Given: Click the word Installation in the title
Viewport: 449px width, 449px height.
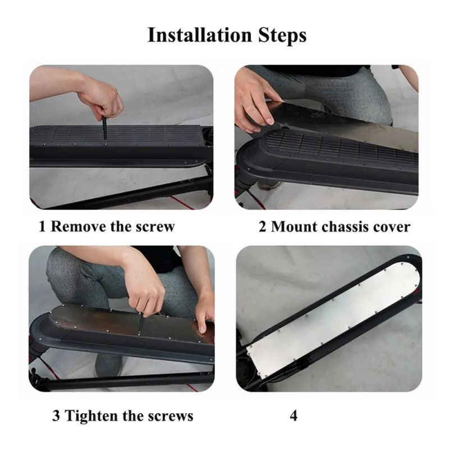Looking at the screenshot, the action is point(200,35).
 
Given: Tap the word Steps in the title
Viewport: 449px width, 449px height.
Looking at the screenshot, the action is point(282,36).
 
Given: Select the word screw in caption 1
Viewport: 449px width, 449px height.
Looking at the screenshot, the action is point(155,227).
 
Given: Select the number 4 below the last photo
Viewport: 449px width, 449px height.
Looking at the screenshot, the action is point(294,416).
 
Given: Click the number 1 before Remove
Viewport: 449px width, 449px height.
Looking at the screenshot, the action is point(42,227).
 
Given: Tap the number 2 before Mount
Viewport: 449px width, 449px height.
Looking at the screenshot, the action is point(262,227).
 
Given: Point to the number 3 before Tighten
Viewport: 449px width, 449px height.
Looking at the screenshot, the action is point(56,416).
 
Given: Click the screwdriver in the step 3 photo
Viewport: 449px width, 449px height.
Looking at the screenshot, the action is point(141,324).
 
